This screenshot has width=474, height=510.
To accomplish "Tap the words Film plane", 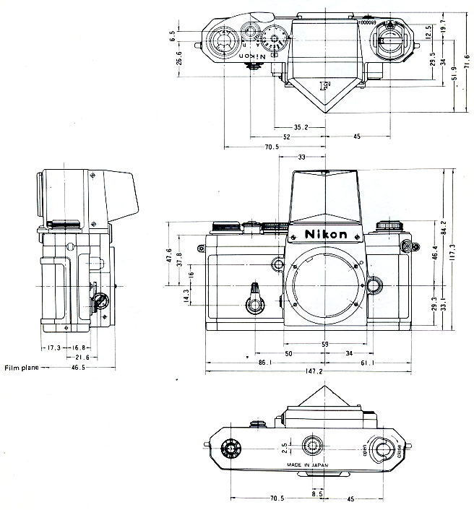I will click(22, 368).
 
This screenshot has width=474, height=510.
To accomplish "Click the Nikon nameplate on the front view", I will click(326, 235).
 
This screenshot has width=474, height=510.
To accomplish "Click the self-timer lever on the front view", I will click(254, 297).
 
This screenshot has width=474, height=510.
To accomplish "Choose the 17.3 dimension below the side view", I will click(53, 347).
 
